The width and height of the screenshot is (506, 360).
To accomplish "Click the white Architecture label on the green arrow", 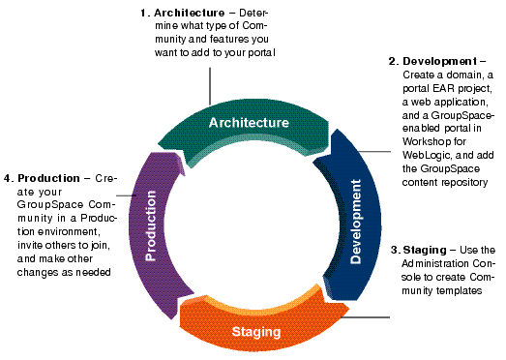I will pos(249,123).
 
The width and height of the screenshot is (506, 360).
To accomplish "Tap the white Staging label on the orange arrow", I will pos(256,332).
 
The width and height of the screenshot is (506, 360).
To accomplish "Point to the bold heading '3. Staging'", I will pos(421,251).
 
